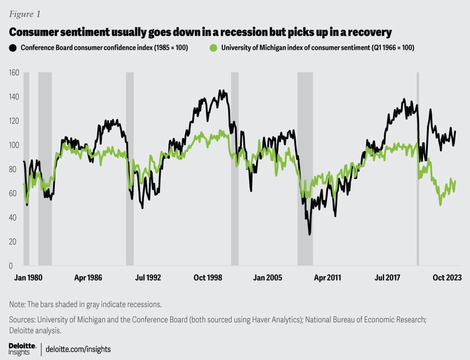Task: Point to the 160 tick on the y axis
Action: click(14, 73)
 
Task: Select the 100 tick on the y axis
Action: click(14, 145)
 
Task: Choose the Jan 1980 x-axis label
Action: click(26, 277)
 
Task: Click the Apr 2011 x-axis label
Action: click(327, 277)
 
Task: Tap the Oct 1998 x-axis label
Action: click(207, 277)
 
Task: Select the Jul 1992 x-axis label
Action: click(147, 277)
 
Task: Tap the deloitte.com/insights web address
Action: click(78, 349)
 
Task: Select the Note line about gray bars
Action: click(85, 304)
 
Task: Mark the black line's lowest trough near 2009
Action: click(309, 234)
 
